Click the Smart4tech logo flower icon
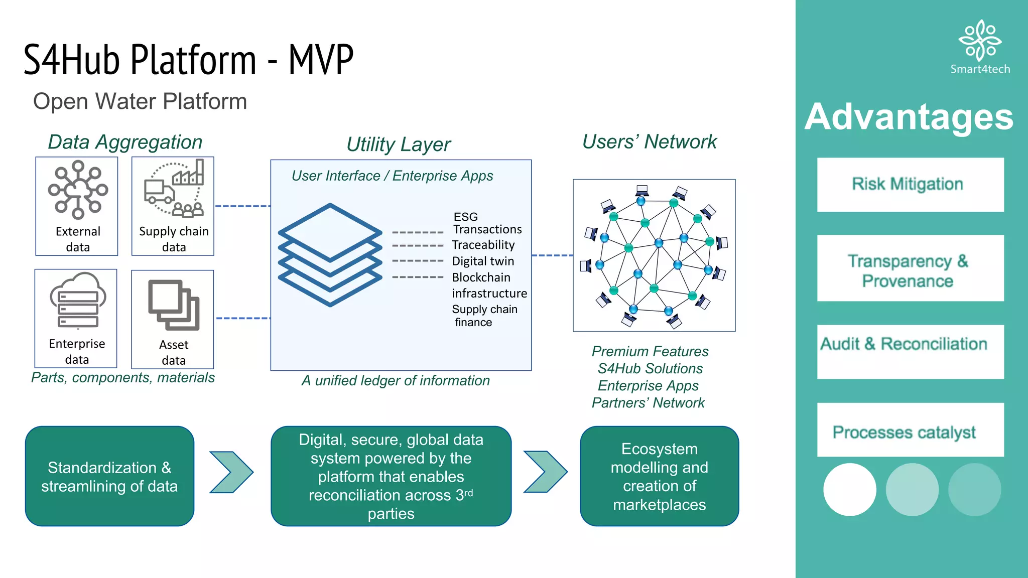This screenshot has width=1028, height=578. click(x=980, y=40)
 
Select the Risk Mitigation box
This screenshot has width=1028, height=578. click(x=910, y=185)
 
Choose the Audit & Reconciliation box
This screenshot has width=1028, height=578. click(x=910, y=351)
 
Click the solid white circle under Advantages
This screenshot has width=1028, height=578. click(x=849, y=490)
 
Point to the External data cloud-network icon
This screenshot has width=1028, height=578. click(x=78, y=190)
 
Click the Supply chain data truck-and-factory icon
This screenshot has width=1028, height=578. click(x=174, y=189)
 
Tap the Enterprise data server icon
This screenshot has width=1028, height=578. click(x=77, y=301)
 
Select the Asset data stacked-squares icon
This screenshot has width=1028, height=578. click(x=174, y=305)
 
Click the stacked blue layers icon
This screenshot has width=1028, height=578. click(x=330, y=254)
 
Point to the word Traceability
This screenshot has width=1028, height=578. click(x=483, y=245)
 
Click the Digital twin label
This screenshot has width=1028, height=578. click(x=483, y=261)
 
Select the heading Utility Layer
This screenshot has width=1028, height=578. click(x=399, y=144)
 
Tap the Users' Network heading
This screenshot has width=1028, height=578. click(x=650, y=142)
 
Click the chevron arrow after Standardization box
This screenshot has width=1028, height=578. click(x=231, y=472)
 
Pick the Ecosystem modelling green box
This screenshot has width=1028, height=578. click(x=659, y=476)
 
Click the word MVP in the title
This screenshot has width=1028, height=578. click(x=321, y=60)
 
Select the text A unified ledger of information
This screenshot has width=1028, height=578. click(x=396, y=381)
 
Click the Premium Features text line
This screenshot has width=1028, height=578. click(x=650, y=351)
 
